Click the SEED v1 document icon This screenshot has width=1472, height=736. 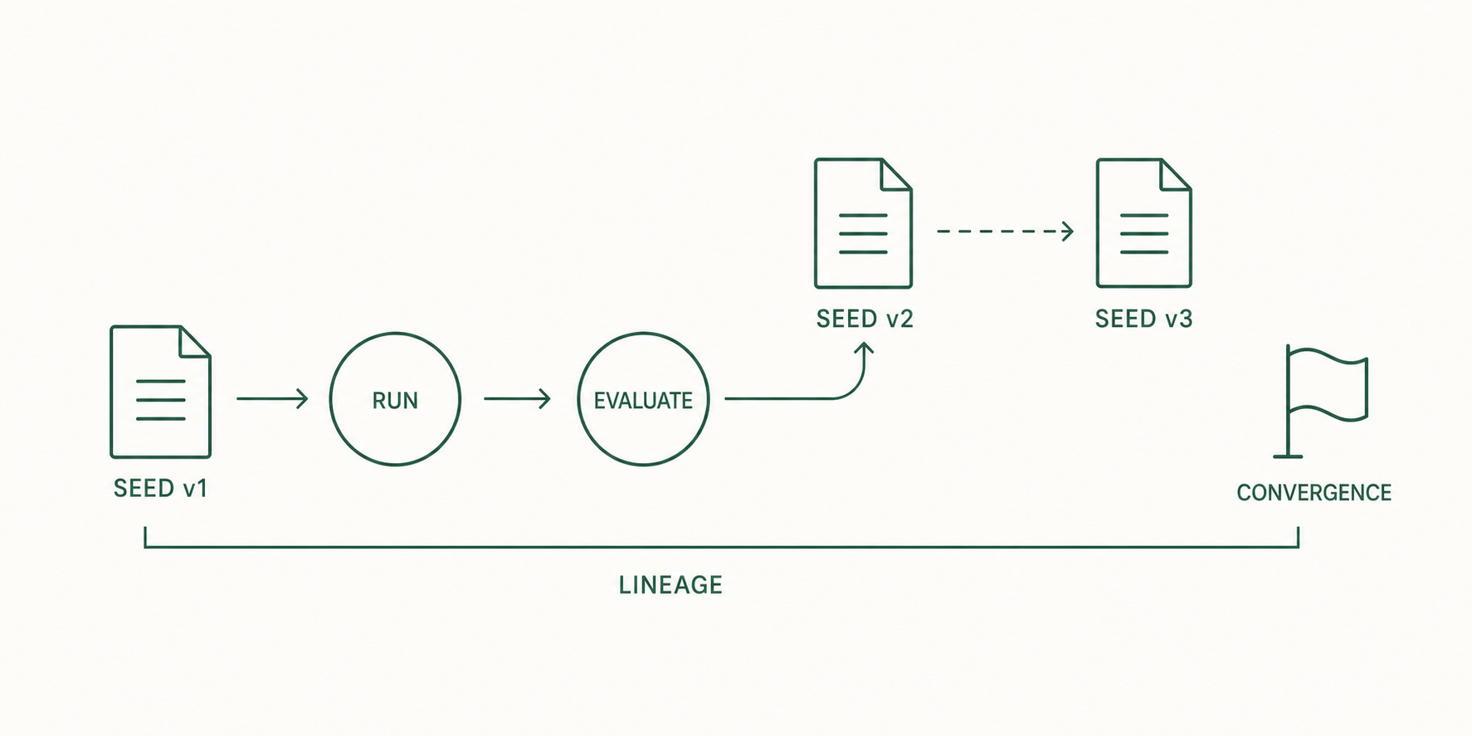pyautogui.click(x=160, y=392)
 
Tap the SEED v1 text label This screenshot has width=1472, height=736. pyautogui.click(x=160, y=488)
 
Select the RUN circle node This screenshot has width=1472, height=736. pyautogui.click(x=395, y=399)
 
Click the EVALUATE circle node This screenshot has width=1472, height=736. pyautogui.click(x=643, y=399)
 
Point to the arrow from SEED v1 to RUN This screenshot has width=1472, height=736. pyautogui.click(x=272, y=399)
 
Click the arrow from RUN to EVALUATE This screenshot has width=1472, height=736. pyautogui.click(x=517, y=399)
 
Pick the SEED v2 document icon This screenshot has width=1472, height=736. pyautogui.click(x=863, y=223)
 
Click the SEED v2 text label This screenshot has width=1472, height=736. pyautogui.click(x=865, y=319)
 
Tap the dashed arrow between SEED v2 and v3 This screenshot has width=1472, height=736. pyautogui.click(x=1005, y=232)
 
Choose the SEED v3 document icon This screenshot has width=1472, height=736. pyautogui.click(x=1143, y=223)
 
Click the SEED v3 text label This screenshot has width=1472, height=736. pyautogui.click(x=1143, y=319)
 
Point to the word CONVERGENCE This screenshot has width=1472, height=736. pyautogui.click(x=1314, y=493)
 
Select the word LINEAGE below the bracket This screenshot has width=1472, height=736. pyautogui.click(x=670, y=585)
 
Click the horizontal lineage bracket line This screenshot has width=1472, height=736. pyautogui.click(x=722, y=547)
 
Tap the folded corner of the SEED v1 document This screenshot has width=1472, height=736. pyautogui.click(x=195, y=341)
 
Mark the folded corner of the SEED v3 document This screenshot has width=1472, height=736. pyautogui.click(x=1176, y=174)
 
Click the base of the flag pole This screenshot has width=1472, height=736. pyautogui.click(x=1288, y=456)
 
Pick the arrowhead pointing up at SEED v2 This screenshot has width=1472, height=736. pyautogui.click(x=865, y=349)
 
